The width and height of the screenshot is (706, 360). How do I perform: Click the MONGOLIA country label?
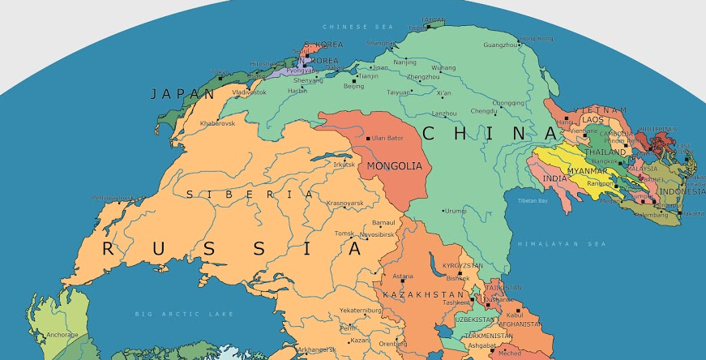coord(395,166)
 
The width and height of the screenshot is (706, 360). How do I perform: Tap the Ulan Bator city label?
coord(387,139)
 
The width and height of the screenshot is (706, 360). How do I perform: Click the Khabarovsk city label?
coord(216,123)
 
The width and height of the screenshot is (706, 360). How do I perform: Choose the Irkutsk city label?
coord(344,165)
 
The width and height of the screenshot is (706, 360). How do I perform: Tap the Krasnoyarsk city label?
coord(345,203)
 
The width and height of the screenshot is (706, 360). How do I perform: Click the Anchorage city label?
coord(62,334)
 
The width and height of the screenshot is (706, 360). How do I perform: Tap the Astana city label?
coord(403,276)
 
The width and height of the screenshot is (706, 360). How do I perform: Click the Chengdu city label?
coord(484,111)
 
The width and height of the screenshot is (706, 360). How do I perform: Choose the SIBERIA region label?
coord(249,195)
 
